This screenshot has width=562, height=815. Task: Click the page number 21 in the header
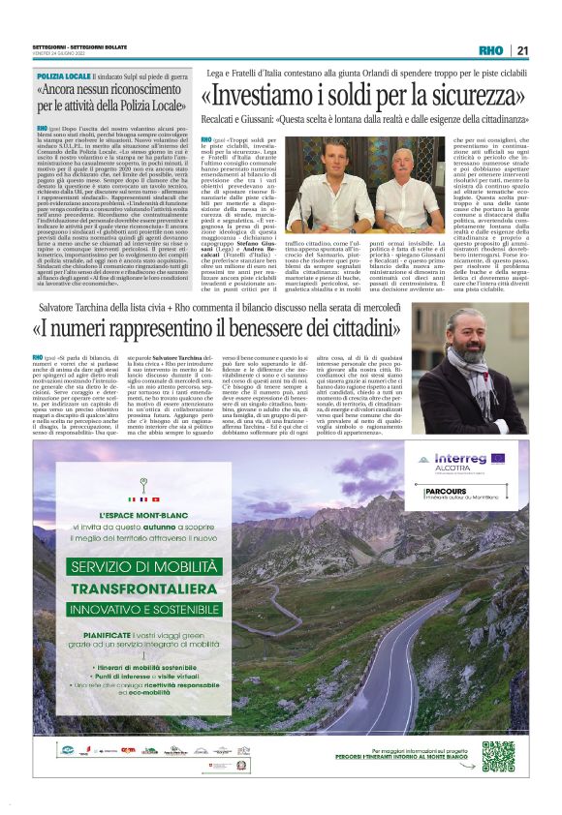pyautogui.click(x=522, y=50)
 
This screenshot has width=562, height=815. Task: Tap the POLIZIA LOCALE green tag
pyautogui.click(x=63, y=75)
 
